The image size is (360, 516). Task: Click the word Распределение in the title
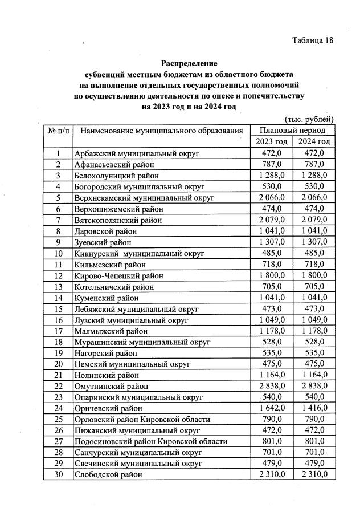[189, 63]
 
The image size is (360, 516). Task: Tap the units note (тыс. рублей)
[308, 119]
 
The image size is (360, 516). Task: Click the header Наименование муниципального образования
[162, 131]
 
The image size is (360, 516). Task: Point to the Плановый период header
[292, 130]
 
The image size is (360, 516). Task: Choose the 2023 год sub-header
[271, 141]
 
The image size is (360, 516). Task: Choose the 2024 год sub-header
[313, 141]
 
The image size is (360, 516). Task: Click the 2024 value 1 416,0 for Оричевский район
[313, 408]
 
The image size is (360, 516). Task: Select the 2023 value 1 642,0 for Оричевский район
[271, 408]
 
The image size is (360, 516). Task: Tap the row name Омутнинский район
[109, 386]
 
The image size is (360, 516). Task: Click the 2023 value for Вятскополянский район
[271, 220]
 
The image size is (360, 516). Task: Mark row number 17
[58, 331]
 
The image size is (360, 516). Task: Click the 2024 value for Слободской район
[313, 474]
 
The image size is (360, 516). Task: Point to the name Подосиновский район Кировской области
[151, 441]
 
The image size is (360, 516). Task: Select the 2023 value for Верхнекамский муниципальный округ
[271, 197]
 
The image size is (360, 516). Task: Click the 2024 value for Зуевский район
[313, 242]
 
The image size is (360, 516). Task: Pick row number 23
[58, 397]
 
